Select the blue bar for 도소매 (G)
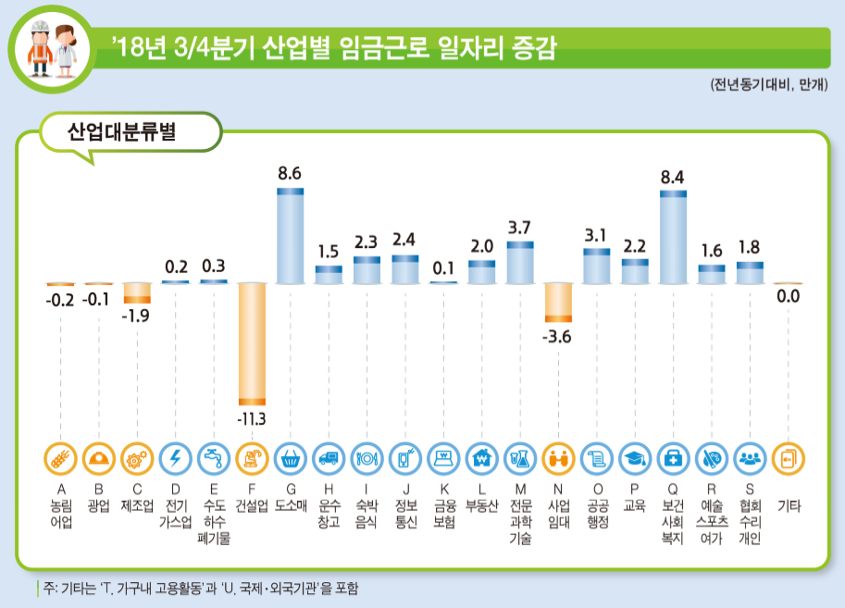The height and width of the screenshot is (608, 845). pos(291,236)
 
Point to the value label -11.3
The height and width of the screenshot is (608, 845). pos(251,419)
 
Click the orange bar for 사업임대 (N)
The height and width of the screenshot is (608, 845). pos(558,303)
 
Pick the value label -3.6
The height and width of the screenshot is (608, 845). pos(557,336)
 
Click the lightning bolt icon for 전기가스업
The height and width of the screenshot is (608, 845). pos(175,458)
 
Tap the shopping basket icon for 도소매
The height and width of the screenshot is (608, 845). pos(291,458)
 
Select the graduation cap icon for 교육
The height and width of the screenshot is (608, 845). pos(635,458)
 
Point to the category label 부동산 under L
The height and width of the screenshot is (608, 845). pos(481,506)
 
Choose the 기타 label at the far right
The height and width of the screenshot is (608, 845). pos(789,506)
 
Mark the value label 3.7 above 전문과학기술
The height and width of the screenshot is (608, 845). pos(519,227)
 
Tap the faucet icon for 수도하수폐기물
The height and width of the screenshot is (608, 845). pos(214,458)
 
